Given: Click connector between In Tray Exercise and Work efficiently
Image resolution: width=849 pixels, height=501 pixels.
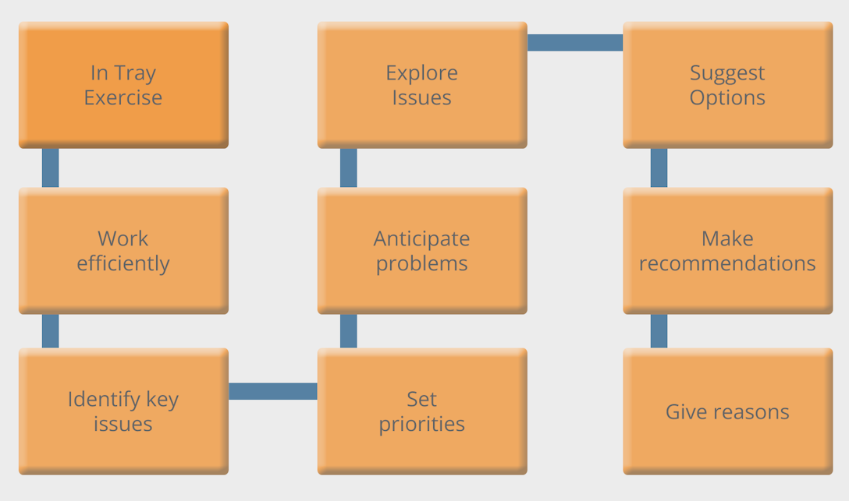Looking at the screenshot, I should [50, 168].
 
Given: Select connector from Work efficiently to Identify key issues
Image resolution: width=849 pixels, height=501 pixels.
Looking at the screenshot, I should [50, 331].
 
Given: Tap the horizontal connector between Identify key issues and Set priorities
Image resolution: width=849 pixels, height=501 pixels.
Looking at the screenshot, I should [272, 391].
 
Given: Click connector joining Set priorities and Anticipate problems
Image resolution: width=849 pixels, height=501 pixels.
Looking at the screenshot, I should [349, 331].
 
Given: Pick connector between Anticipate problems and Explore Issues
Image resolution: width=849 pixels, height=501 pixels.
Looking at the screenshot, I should [349, 168].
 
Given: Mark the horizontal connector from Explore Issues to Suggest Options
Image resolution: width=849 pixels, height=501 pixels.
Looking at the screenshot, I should [575, 43].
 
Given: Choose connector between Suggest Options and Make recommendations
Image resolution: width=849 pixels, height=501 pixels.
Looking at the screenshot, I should [659, 168].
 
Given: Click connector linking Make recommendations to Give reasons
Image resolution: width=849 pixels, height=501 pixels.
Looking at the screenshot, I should [659, 331].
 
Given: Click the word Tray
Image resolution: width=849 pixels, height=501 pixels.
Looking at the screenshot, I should [135, 73].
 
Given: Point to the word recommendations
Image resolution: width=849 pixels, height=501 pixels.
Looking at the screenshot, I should [727, 263].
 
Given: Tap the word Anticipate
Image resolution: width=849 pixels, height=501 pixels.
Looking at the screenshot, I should [422, 238].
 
